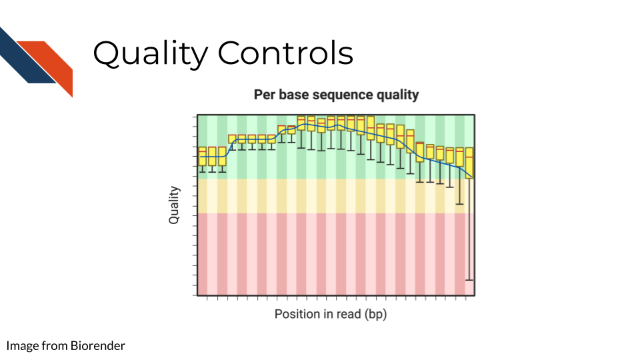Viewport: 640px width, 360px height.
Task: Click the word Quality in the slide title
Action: coord(151,53)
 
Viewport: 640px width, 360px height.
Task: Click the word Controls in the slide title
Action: coord(286,53)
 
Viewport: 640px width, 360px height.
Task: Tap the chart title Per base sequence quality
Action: coord(336,95)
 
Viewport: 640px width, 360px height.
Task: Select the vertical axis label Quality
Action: coord(174,205)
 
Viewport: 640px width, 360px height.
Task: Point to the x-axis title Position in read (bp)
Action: coord(331,314)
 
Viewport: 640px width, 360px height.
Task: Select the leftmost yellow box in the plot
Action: coord(203,156)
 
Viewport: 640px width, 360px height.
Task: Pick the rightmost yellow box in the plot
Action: coord(469,163)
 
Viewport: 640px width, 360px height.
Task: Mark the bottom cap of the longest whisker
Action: coord(469,280)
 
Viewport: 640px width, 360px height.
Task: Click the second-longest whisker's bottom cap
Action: coord(459,204)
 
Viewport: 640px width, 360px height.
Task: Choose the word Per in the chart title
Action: coord(265,95)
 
